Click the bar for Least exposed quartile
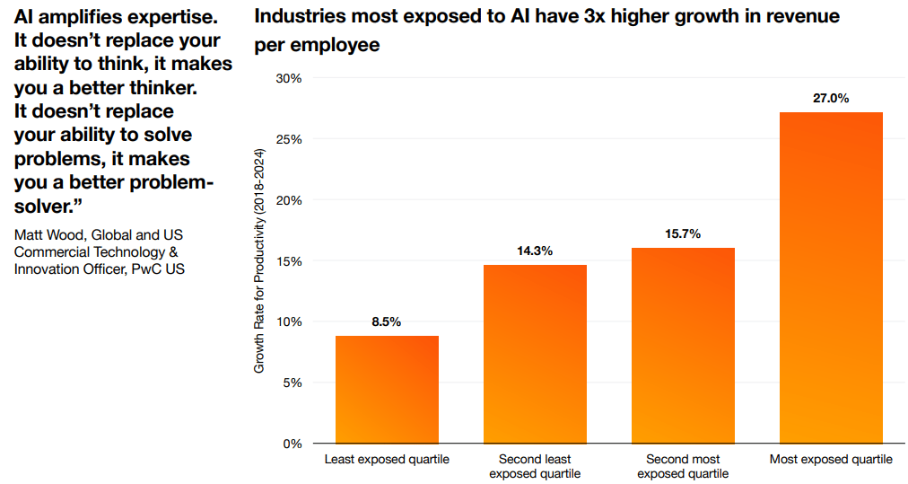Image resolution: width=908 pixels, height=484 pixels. point(387,389)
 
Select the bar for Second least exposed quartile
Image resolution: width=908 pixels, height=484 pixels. point(535,354)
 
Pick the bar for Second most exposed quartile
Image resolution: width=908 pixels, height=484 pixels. point(683,345)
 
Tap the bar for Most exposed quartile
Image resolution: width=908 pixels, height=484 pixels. point(831,277)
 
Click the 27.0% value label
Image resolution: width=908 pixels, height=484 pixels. point(831,98)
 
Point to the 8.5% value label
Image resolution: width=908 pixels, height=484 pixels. point(387,321)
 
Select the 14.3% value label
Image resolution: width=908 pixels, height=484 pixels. point(535,251)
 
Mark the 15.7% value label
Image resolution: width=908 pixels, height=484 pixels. point(683,233)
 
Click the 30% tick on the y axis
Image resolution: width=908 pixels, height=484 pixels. point(289,79)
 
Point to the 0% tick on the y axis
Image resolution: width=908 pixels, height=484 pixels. point(292,444)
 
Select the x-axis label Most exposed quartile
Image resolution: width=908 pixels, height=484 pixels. point(831,460)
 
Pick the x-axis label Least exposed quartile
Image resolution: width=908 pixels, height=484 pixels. point(387,460)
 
